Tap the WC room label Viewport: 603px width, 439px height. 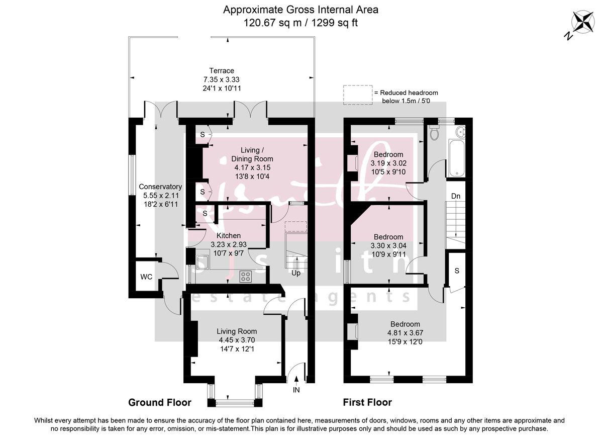(146, 277)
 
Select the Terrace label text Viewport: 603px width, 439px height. (222, 71)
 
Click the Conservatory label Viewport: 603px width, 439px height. (160, 187)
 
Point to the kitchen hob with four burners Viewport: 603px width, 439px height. (246, 276)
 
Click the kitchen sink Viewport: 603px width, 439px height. (203, 262)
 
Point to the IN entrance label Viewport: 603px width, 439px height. (296, 390)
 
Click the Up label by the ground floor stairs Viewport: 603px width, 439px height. (296, 274)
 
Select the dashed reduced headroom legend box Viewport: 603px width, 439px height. (358, 95)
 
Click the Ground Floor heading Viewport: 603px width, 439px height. (160, 402)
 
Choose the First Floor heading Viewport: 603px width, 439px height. (367, 402)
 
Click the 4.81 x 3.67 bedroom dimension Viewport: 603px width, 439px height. (403, 333)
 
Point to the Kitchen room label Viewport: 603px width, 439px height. (228, 235)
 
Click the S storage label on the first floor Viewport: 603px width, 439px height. (457, 271)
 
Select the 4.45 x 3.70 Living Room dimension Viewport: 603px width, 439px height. (236, 340)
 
